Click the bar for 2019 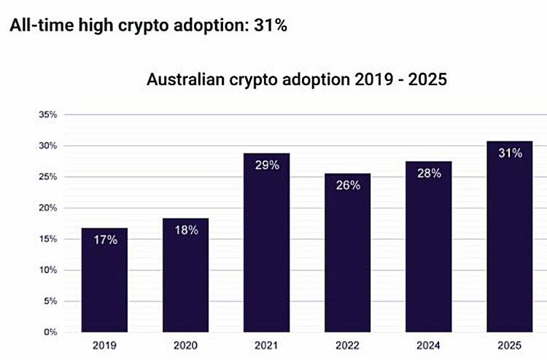pos(105,281)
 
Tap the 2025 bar pos(510,237)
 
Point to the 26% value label pos(348,185)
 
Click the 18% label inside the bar pos(185,230)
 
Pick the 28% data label pos(429,173)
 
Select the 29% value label pos(266,165)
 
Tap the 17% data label pos(105,240)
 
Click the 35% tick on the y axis pos(47,114)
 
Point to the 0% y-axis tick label pos(50,332)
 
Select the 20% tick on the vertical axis pos(47,208)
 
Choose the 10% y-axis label pos(47,270)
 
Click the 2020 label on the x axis pos(185,345)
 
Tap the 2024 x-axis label pos(429,345)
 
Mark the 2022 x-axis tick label pos(348,345)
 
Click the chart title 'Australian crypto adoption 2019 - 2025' pos(296,79)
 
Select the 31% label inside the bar pos(510,153)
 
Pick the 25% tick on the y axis pos(47,177)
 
